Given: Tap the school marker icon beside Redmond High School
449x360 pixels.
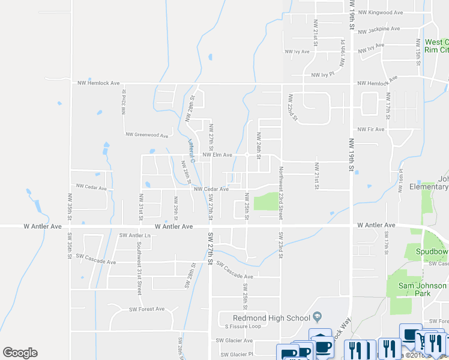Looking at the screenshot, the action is pyautogui.click(x=318, y=317).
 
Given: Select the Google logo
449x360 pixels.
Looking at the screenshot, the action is pyautogui.click(x=20, y=353).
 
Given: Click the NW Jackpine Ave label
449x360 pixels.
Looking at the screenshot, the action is pyautogui.click(x=378, y=29).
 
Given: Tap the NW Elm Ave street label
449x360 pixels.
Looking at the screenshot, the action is pyautogui.click(x=217, y=155).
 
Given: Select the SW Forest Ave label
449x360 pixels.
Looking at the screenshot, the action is pyautogui.click(x=146, y=309).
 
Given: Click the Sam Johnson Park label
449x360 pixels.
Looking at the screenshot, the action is pyautogui.click(x=424, y=290).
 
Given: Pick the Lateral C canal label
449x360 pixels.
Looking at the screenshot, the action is pyautogui.click(x=191, y=152).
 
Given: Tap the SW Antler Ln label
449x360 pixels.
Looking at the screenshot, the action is pyautogui.click(x=134, y=235).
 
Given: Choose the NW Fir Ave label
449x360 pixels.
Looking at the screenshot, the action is pyautogui.click(x=370, y=129).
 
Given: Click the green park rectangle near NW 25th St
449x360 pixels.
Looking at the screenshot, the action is pyautogui.click(x=265, y=201).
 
